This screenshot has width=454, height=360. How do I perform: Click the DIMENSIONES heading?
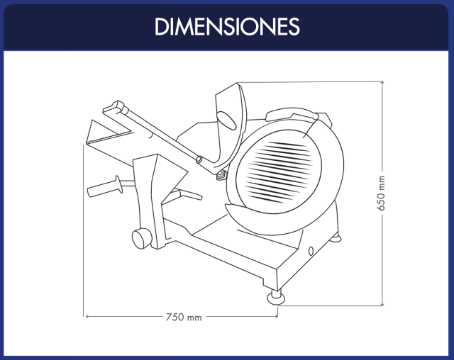tap(227, 27)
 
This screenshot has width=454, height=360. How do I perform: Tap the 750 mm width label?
tap(184, 317)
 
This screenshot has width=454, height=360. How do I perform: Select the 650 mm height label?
tap(382, 193)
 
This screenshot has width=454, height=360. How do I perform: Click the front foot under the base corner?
tap(276, 297)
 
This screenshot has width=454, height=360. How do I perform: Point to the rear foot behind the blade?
tap(336, 238)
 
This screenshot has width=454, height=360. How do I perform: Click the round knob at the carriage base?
tap(142, 237)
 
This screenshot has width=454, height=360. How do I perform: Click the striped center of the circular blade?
tap(279, 171)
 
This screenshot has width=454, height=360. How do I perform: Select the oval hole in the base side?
tap(311, 251)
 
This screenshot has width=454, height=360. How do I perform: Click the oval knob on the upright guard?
tap(226, 120)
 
